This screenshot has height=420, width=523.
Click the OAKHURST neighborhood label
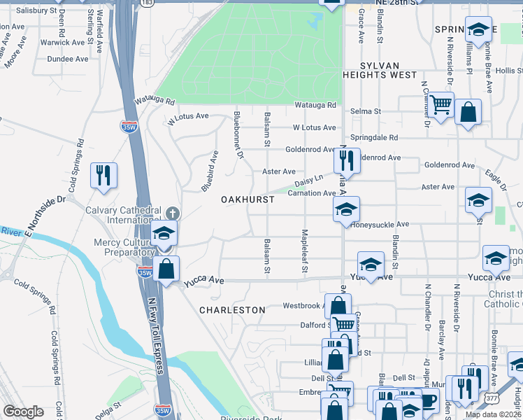coord(247,199)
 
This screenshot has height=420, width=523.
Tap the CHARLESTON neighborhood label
coord(232,309)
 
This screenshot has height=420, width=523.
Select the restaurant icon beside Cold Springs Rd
coord(103,176)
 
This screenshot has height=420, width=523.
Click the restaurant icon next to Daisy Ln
coord(347,160)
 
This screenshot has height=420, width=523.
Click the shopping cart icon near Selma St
coord(440,105)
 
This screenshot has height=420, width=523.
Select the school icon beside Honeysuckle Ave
coord(346,209)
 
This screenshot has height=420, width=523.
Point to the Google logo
coord(22,412)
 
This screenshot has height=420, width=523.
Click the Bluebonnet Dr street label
coord(238,134)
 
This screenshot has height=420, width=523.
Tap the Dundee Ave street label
coord(67,59)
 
